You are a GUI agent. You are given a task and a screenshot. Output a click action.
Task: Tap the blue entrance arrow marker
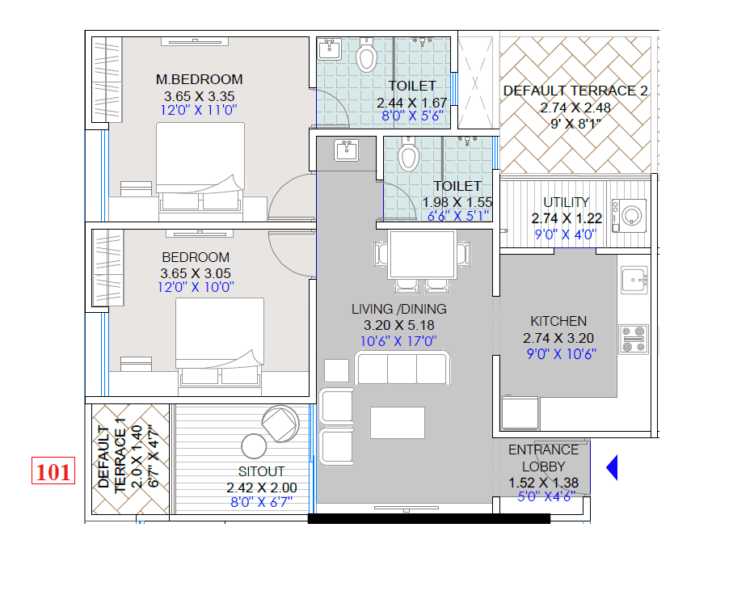(612, 467)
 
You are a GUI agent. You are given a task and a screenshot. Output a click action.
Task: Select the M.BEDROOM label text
(199, 79)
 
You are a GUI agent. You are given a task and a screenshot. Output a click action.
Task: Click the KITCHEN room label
(558, 321)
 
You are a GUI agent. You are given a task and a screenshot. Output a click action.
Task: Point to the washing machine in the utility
(631, 216)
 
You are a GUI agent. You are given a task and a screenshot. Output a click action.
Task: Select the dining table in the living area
(422, 254)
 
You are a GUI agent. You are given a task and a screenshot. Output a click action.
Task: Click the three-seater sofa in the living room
(402, 369)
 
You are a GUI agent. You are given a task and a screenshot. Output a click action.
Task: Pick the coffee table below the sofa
(398, 422)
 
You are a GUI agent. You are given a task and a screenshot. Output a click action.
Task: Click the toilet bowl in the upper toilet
(367, 56)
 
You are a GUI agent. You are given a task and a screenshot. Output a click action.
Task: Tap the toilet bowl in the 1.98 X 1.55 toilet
(408, 154)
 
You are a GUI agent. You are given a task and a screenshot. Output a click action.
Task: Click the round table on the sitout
(254, 445)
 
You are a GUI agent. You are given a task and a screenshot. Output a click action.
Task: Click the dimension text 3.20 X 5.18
(398, 325)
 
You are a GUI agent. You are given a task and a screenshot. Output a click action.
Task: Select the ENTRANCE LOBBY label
(543, 458)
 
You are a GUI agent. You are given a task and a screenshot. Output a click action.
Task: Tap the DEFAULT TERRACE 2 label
(575, 91)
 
